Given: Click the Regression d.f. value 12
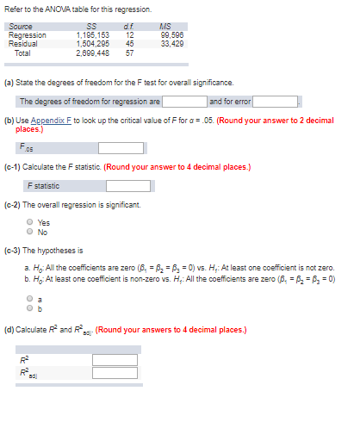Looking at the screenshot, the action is click(x=129, y=34).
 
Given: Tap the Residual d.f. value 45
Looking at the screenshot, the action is click(x=129, y=43).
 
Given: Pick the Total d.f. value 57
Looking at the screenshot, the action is click(x=129, y=53).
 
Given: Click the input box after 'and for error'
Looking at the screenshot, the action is click(x=274, y=102).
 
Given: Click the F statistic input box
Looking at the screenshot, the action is click(x=127, y=185).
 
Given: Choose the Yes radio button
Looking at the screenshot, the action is click(x=30, y=222).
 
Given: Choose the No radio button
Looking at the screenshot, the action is click(x=30, y=231).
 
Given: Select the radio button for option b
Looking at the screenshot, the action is click(x=30, y=307).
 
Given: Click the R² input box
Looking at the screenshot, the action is click(x=115, y=360).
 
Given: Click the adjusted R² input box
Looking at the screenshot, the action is click(x=115, y=373).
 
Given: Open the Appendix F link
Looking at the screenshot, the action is click(x=49, y=121).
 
